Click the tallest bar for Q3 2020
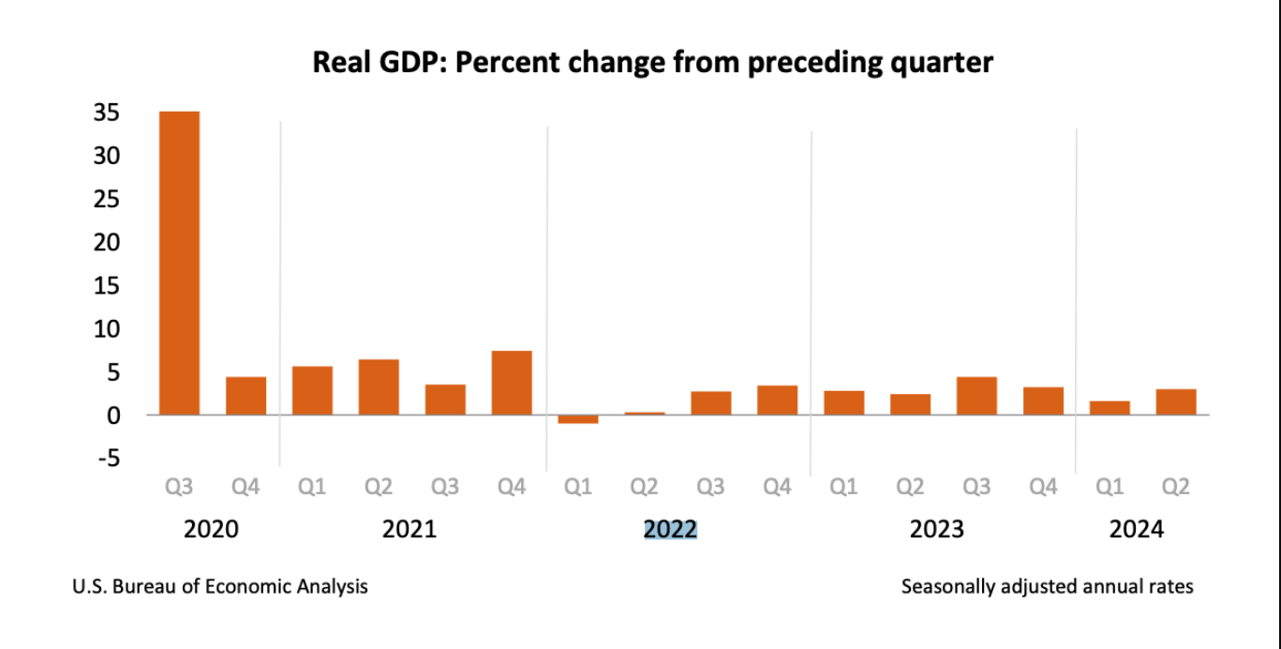click(x=179, y=263)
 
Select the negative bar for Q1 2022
click(x=578, y=419)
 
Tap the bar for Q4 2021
click(x=512, y=383)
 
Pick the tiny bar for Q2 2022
click(x=645, y=413)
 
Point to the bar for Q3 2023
click(x=976, y=396)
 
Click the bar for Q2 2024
click(x=1176, y=401)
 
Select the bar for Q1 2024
click(x=1110, y=408)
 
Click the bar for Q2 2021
click(x=379, y=386)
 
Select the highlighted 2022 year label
click(x=670, y=530)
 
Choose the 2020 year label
click(x=211, y=530)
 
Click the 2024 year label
click(x=1137, y=530)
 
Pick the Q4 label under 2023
click(x=1043, y=488)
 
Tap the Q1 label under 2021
click(x=312, y=488)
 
